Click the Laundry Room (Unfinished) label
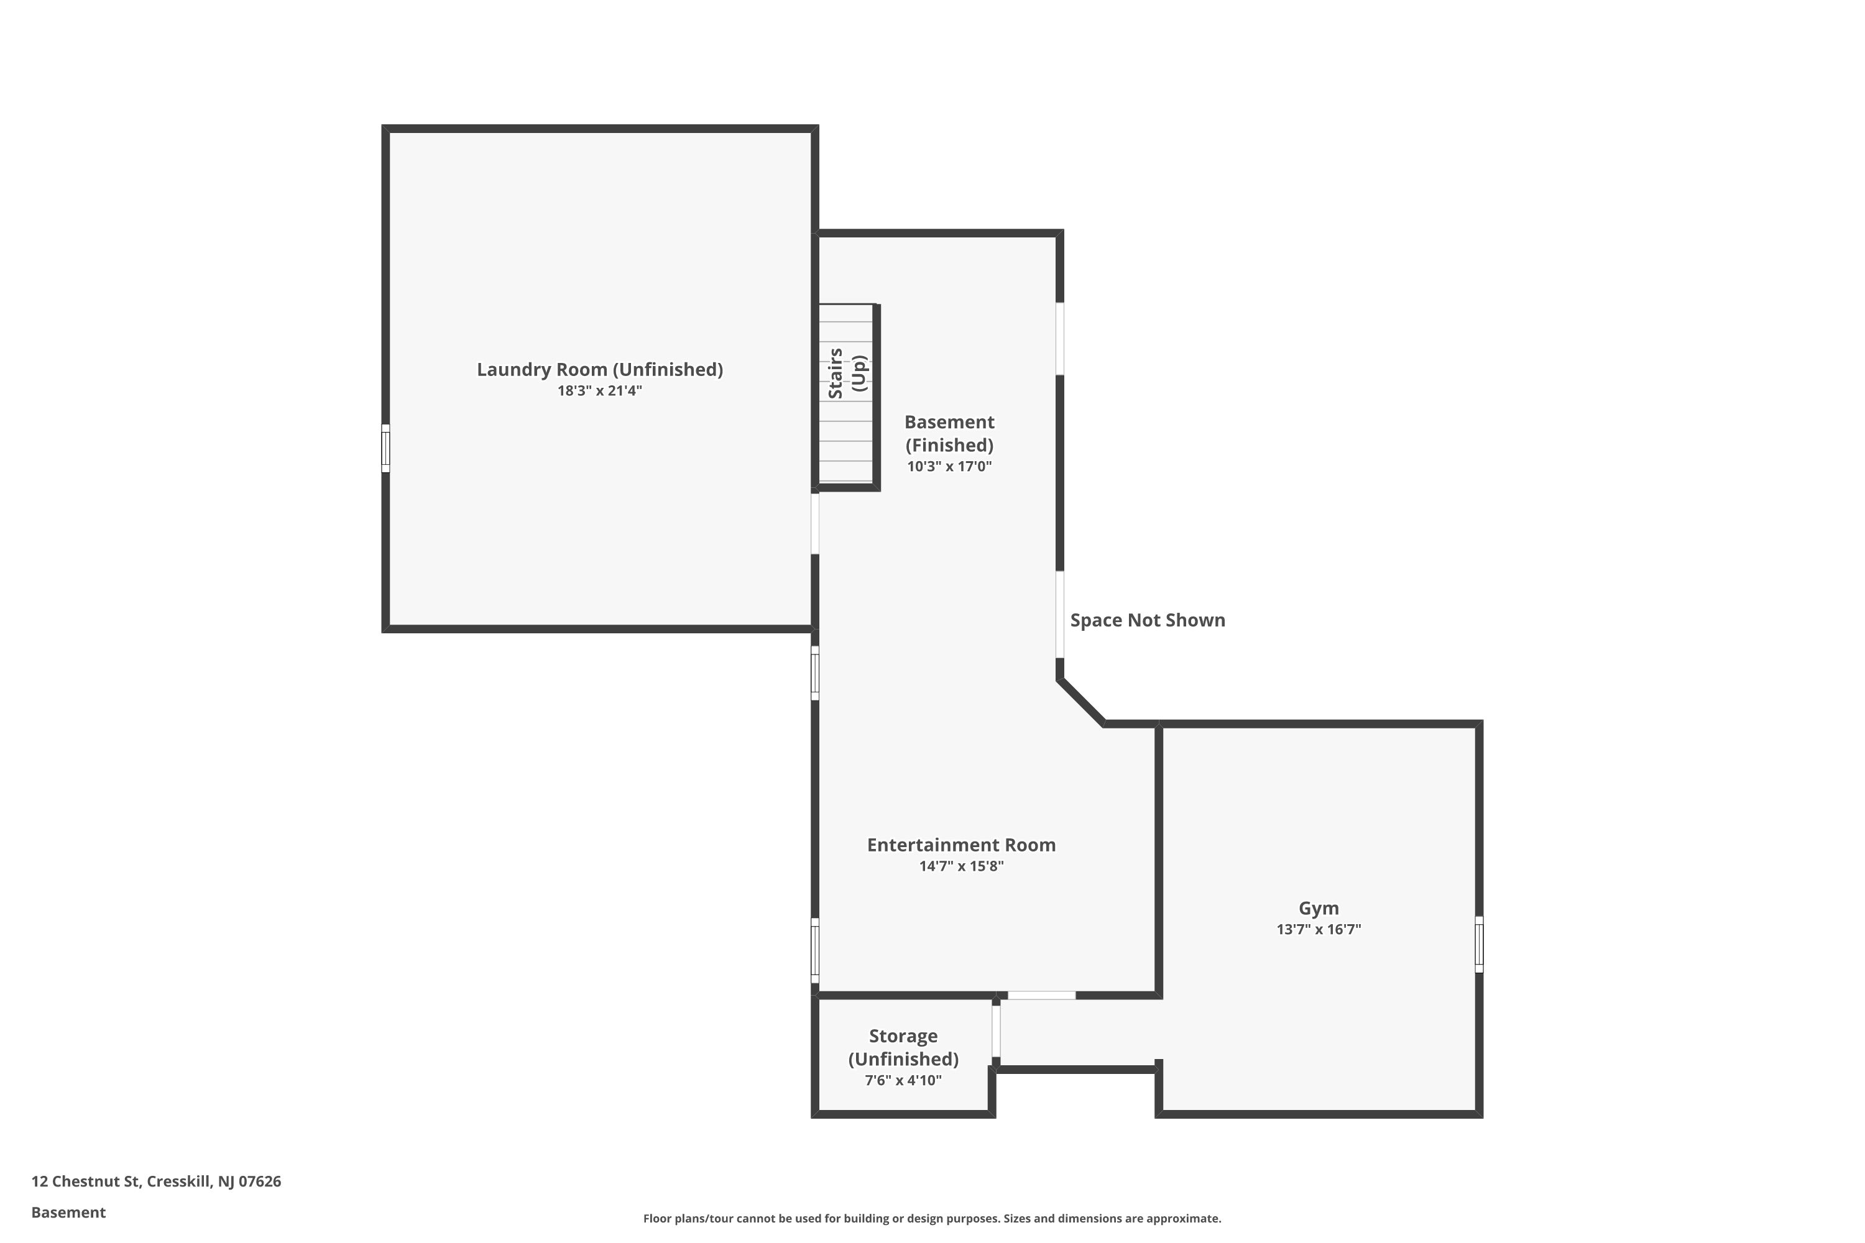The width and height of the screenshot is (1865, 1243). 599,369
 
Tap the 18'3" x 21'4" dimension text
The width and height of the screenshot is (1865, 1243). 599,391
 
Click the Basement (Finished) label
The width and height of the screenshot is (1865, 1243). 949,434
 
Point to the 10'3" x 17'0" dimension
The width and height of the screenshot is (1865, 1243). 949,467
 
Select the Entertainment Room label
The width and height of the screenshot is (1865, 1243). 961,845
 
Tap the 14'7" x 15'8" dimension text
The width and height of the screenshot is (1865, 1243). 961,866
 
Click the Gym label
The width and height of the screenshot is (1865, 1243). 1319,909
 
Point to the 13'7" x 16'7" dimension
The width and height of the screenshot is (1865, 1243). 1319,930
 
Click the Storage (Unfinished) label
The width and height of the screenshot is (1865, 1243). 903,1047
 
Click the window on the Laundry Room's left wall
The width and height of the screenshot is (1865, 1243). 385,449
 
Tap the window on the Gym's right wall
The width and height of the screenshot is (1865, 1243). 1479,944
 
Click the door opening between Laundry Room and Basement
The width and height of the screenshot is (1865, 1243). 814,524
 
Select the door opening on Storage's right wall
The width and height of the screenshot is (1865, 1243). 996,1030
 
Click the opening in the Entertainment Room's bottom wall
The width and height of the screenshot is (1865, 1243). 1041,995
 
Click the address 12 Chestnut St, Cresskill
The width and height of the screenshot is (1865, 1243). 156,1181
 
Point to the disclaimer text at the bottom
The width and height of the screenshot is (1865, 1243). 932,1218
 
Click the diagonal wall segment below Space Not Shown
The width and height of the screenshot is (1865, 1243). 1082,702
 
